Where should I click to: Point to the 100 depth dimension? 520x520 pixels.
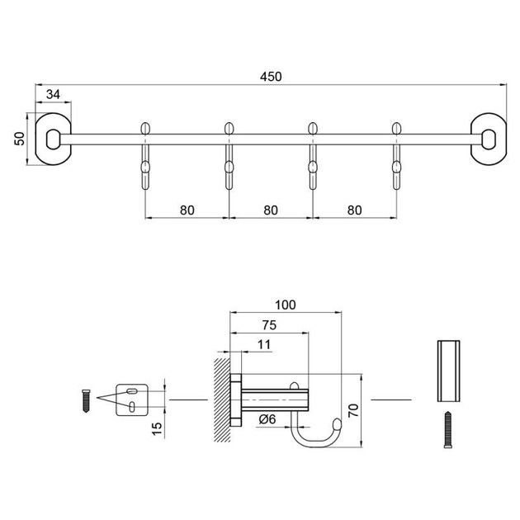pyautogui.click(x=285, y=305)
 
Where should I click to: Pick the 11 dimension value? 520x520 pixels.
pyautogui.click(x=263, y=346)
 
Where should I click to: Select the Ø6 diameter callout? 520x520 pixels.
pyautogui.click(x=267, y=419)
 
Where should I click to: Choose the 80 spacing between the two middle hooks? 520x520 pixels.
pyautogui.click(x=271, y=210)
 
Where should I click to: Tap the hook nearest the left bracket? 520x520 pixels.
pyautogui.click(x=146, y=157)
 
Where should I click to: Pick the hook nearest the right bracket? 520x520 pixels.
pyautogui.click(x=397, y=157)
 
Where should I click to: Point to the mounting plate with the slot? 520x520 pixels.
pyautogui.click(x=131, y=399)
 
